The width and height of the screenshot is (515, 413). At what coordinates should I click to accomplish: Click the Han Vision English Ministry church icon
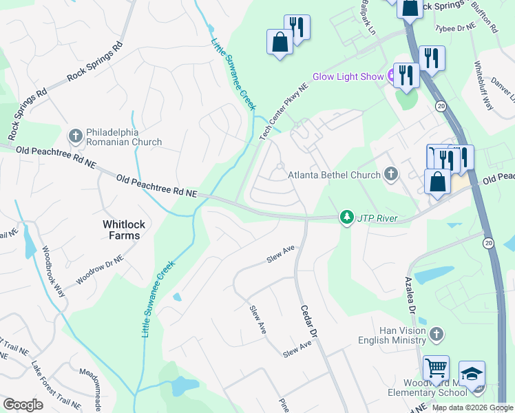point(435,335)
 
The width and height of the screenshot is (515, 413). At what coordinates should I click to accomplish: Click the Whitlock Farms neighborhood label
point(121,230)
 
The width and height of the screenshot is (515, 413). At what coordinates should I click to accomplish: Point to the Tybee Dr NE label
point(456,28)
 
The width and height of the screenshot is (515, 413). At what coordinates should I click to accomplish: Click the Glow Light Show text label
point(348,76)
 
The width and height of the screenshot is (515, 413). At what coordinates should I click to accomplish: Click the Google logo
point(23,405)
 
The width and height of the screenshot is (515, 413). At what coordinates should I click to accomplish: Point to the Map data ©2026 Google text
point(472,407)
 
